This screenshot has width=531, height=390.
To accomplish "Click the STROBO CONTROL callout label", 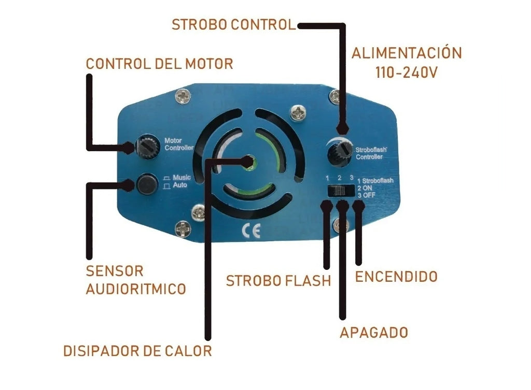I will (x=233, y=24).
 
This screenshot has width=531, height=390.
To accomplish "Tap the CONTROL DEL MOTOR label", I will (x=159, y=64).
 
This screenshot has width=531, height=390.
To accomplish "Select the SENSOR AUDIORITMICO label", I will (x=135, y=280).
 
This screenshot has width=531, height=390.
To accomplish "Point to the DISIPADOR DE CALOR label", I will (x=137, y=351).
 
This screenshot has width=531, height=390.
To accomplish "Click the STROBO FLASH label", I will (x=278, y=281).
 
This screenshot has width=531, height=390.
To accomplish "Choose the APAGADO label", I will (x=374, y=332).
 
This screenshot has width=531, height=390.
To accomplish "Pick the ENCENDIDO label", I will (x=396, y=277).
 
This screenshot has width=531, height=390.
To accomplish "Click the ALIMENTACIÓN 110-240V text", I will (x=406, y=62).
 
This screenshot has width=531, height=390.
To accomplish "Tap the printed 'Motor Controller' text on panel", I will (x=178, y=144).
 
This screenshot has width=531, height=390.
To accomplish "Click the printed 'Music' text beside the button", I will (x=181, y=177).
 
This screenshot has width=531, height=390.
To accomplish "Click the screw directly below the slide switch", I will (x=340, y=224).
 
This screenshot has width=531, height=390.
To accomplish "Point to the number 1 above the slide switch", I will (x=328, y=178).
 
